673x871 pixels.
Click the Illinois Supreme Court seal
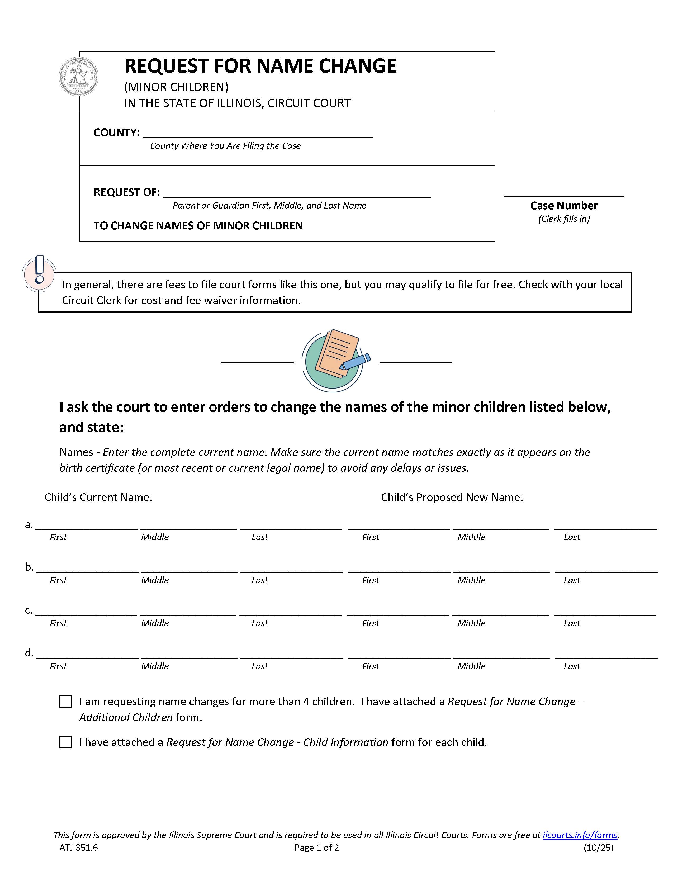pyautogui.click(x=78, y=77)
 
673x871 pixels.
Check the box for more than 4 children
pyautogui.click(x=65, y=702)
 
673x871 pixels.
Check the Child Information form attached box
pyautogui.click(x=65, y=742)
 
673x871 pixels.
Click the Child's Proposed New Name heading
pyautogui.click(x=452, y=497)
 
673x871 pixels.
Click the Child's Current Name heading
pyautogui.click(x=98, y=497)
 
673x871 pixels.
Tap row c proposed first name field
pyautogui.click(x=398, y=610)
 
